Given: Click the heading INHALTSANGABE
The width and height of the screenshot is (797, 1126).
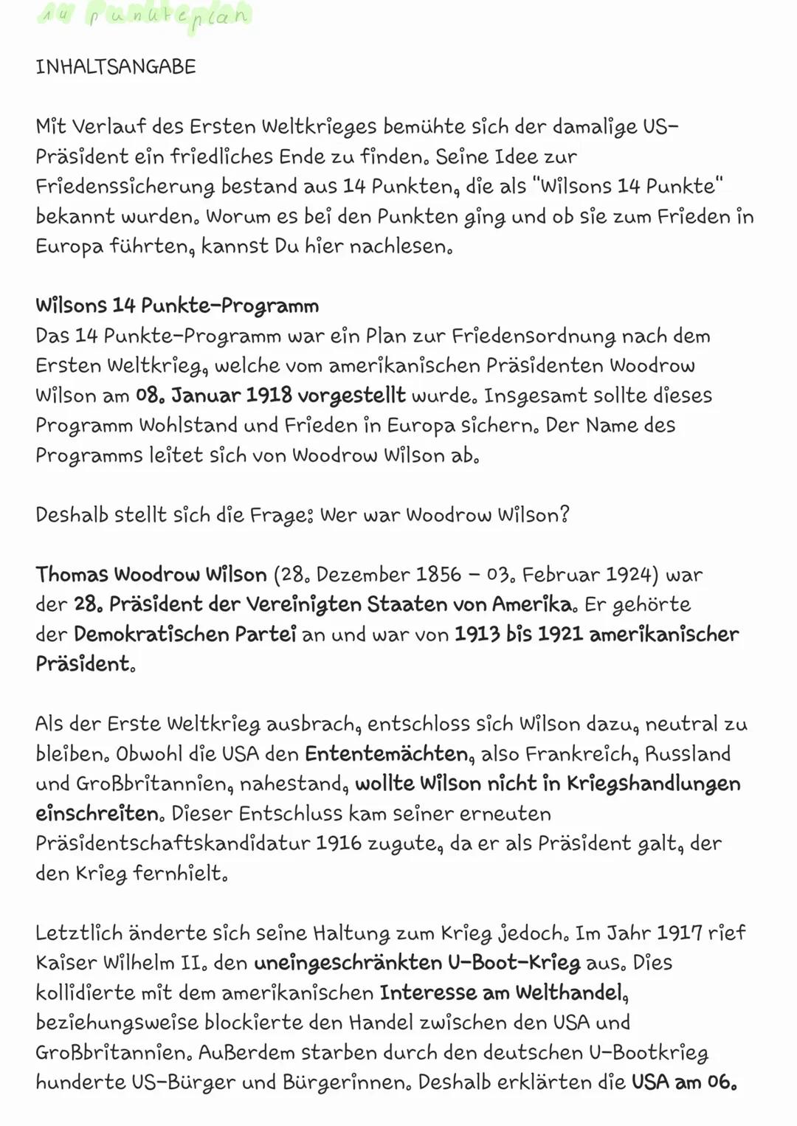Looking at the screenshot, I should click(x=116, y=67).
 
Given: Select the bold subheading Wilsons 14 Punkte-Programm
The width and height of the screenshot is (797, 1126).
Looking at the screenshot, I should click(x=177, y=305).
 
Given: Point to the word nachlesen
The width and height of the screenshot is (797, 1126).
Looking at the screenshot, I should click(x=398, y=246).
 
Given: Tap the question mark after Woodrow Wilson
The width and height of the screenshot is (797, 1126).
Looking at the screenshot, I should click(x=565, y=515).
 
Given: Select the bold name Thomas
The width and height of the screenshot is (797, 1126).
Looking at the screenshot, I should click(x=72, y=575).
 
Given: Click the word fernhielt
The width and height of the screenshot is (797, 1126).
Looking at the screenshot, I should click(x=180, y=874).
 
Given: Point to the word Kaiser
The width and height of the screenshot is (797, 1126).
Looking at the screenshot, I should click(x=66, y=963).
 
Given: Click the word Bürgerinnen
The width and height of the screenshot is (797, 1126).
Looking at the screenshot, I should click(x=346, y=1082).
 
